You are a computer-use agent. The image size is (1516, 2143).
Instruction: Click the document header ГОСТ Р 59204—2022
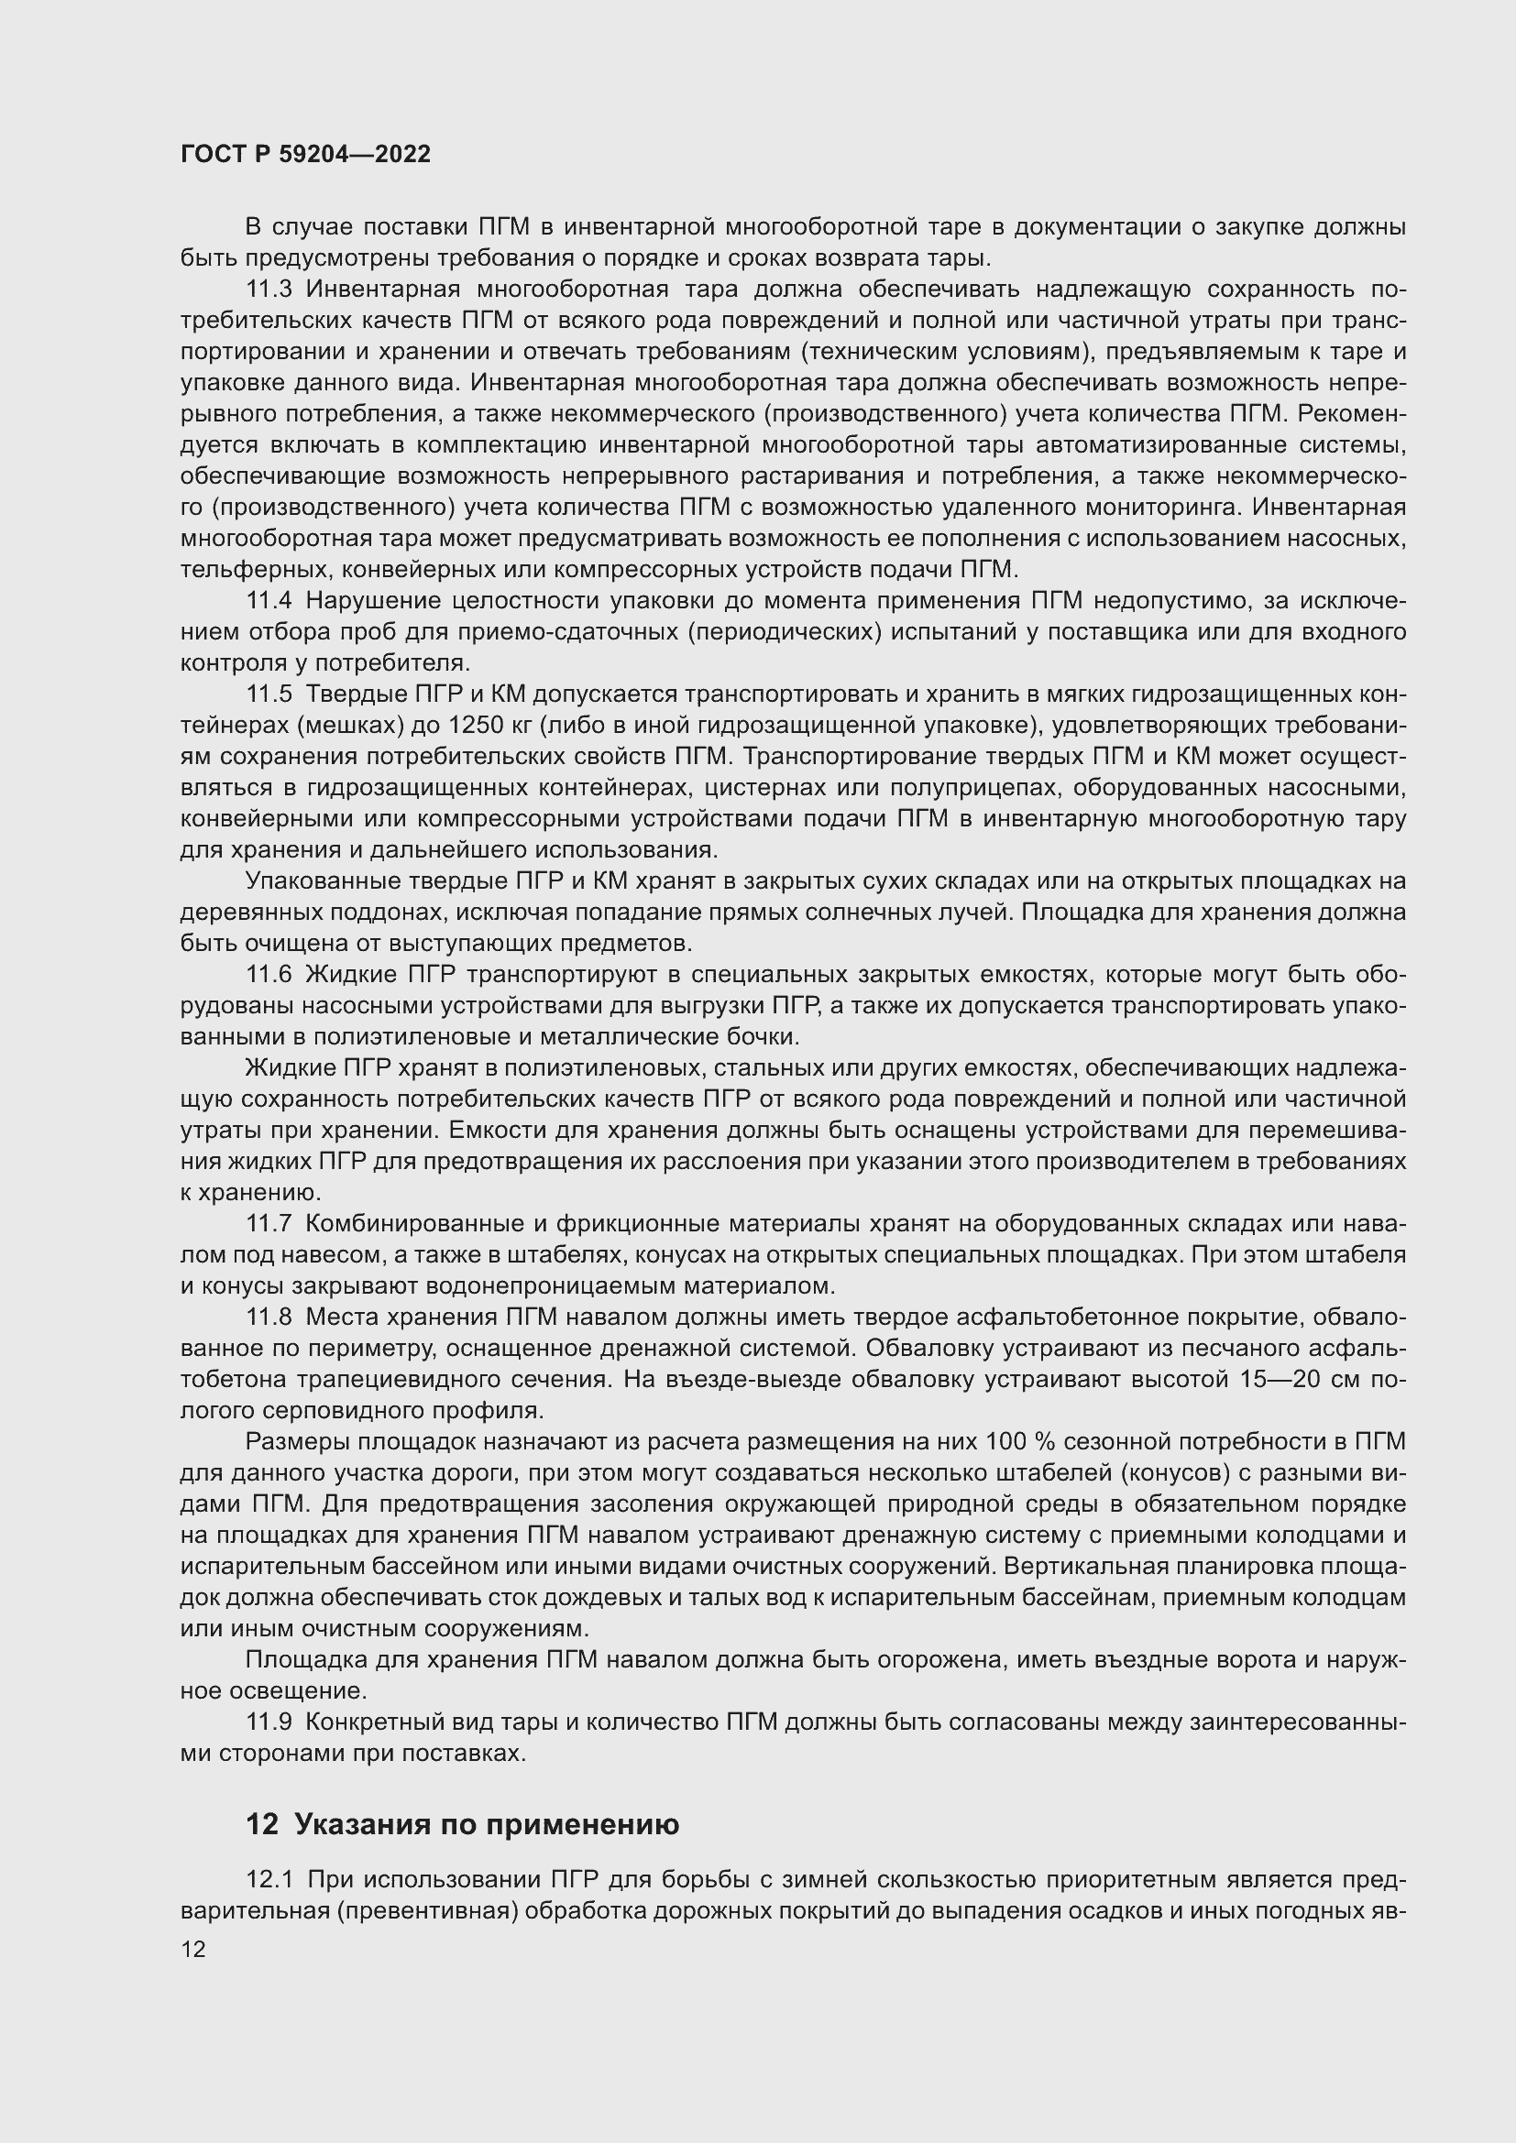coord(306,155)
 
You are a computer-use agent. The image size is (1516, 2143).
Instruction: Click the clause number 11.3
coord(269,290)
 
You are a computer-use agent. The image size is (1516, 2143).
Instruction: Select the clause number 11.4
coord(269,601)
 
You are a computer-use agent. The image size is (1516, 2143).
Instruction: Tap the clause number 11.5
coord(269,694)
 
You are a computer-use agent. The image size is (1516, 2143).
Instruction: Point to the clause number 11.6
coord(269,975)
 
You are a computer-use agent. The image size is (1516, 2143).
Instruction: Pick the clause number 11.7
coord(269,1224)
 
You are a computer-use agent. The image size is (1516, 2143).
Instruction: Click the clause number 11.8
coord(269,1317)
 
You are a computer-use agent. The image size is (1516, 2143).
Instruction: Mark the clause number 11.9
coord(269,1722)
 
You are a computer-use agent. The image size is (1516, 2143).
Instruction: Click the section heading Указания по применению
coord(487,1825)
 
